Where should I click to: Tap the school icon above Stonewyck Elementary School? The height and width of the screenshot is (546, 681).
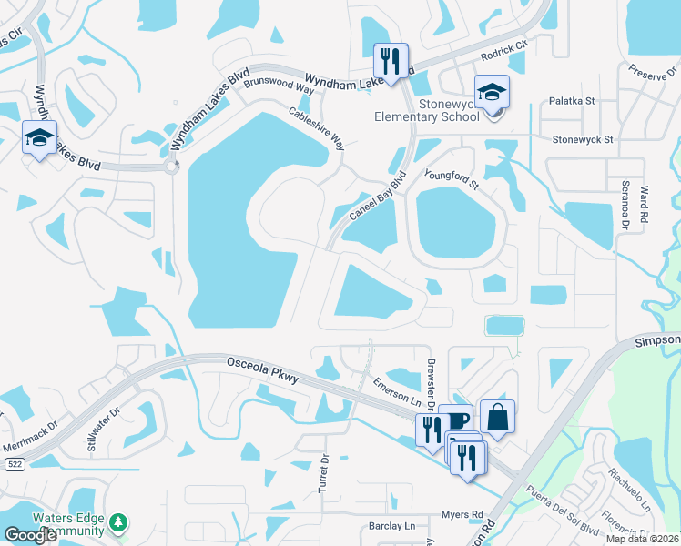tap(492, 92)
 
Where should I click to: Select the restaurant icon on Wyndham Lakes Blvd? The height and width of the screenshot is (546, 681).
tap(391, 61)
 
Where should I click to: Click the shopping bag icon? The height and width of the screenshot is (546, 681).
tap(497, 417)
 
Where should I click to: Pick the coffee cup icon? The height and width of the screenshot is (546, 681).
tap(456, 420)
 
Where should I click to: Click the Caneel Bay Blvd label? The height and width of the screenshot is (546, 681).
tap(376, 201)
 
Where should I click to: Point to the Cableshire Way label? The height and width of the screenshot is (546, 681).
tap(317, 129)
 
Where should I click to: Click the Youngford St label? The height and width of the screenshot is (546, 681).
tap(451, 177)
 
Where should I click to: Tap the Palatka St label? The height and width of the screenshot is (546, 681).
tap(571, 103)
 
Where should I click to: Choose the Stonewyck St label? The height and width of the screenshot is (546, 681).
tap(584, 140)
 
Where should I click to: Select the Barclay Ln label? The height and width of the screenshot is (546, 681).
tap(391, 526)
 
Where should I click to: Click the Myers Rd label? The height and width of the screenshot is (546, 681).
tap(462, 515)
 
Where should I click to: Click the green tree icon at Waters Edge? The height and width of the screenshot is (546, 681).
tap(117, 522)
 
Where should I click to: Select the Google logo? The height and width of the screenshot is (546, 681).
tap(30, 535)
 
